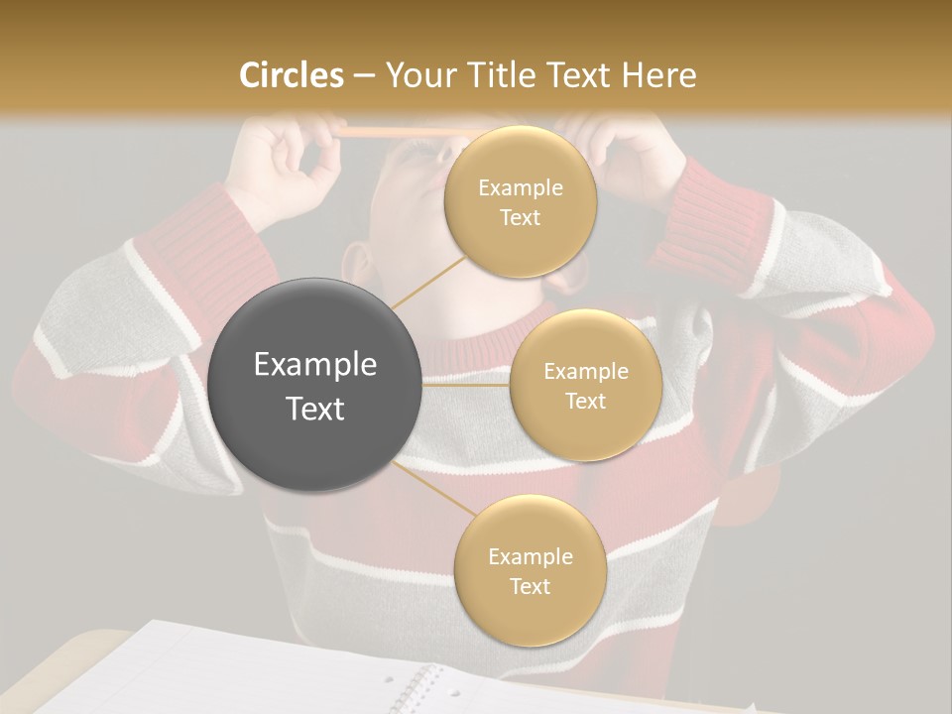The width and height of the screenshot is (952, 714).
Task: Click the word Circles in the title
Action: pos(291,75)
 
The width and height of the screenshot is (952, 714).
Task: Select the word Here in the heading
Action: pos(659,75)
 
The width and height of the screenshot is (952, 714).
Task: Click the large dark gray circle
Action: pos(315,385)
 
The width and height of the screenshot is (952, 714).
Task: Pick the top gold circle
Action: pos(520,202)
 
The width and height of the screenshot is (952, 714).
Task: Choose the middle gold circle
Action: pos(585,386)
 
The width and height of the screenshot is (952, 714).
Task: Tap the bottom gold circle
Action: pos(530,570)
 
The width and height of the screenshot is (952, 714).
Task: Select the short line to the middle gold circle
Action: pos(466,386)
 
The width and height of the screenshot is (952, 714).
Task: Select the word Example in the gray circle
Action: pos(315,365)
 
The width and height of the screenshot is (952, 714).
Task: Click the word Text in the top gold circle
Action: pos(520,218)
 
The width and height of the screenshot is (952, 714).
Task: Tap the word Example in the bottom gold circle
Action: pos(530,556)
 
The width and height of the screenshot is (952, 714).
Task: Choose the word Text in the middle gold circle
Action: pos(585,402)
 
